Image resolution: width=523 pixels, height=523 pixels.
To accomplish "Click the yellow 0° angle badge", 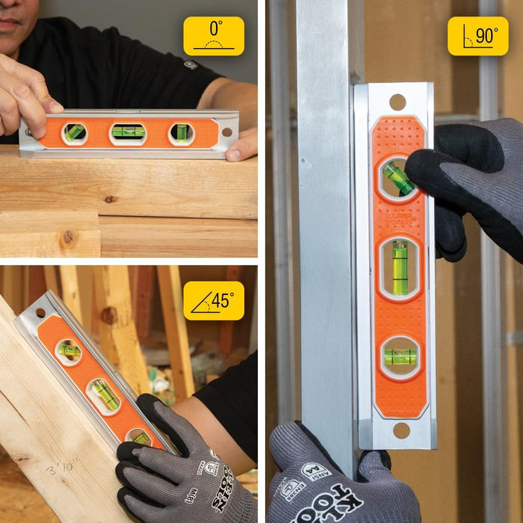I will [x=214, y=36].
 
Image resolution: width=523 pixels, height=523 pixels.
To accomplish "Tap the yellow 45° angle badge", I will [x=214, y=300].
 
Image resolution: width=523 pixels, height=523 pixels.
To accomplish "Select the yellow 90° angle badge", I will [x=477, y=36].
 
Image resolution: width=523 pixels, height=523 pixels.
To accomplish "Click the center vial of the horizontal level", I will [x=129, y=132].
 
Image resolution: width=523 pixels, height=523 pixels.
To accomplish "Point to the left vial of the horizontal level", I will [x=74, y=133].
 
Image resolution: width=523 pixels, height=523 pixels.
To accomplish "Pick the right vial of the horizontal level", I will [x=182, y=133].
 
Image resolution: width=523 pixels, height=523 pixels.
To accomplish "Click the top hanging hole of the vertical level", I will [x=397, y=102].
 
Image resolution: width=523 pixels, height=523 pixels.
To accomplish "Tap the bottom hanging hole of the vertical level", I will [x=401, y=430].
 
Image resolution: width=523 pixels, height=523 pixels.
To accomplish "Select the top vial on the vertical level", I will [x=399, y=179].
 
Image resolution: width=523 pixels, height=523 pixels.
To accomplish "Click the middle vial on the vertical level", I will [x=400, y=267].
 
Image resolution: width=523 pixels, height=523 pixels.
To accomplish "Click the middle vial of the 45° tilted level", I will [x=105, y=395].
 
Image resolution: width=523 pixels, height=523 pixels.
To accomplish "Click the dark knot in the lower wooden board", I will [x=69, y=238].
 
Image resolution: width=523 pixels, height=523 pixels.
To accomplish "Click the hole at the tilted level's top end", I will [x=41, y=312].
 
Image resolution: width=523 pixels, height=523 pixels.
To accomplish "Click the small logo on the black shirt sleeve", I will [x=191, y=65].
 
